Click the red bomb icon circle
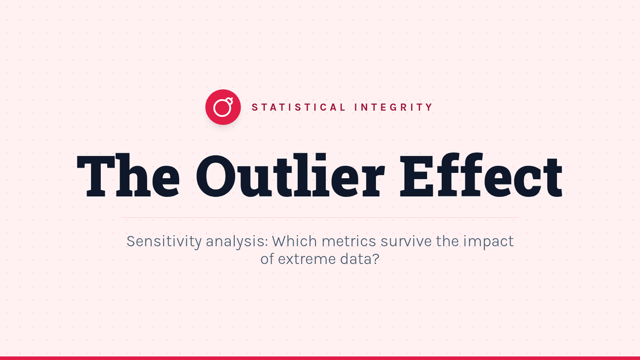pos(223,107)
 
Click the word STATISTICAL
pos(299,107)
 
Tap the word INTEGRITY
pos(394,107)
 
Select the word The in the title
pos(129,175)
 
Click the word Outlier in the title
pos(290,175)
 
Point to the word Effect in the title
pos(481,175)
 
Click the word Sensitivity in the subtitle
pos(164,242)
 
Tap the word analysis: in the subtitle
pos(237,242)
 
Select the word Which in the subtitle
pos(294,241)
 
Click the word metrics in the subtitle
pos(349,242)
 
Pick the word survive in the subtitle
pos(406,242)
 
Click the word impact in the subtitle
pos(489,242)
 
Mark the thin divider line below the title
pos(320,218)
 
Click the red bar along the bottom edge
pos(320,358)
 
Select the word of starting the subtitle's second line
pos(267,259)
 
